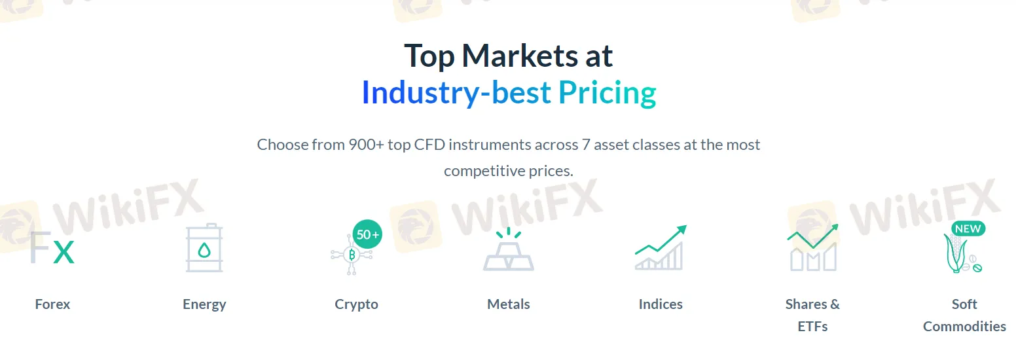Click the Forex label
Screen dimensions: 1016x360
coord(52,304)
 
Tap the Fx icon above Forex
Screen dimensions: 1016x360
coord(52,247)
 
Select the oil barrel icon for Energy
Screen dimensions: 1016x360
coord(204,247)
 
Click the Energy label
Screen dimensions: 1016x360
coord(204,304)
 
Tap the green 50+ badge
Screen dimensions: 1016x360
coord(367,234)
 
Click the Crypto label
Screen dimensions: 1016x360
coord(357,304)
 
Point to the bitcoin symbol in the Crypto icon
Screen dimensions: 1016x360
coord(352,255)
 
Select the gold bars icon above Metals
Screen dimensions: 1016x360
coord(509,249)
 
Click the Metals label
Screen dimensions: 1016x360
coord(509,304)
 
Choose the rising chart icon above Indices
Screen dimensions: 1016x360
coord(661,247)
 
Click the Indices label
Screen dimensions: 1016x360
coord(661,304)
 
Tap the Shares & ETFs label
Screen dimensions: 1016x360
coord(813,315)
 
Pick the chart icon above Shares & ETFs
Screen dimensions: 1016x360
coord(813,247)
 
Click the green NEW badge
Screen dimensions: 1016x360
coord(968,228)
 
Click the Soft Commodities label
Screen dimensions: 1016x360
coord(965,315)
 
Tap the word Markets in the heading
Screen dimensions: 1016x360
coord(519,56)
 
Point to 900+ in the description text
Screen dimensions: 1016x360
coord(366,145)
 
